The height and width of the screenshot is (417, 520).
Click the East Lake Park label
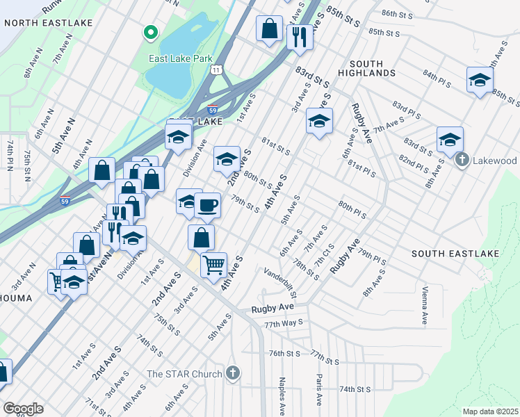pos(180,59)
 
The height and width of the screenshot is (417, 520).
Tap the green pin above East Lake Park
pos(149,33)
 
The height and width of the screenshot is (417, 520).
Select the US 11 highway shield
pos(218,70)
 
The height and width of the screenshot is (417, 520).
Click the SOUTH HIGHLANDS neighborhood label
pos(368,72)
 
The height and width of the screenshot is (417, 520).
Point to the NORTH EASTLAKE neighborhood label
pos(48,23)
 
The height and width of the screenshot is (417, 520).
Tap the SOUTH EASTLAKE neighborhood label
pos(455,254)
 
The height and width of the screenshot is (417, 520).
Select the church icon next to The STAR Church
pos(233,374)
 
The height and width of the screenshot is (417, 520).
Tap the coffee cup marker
pos(206,205)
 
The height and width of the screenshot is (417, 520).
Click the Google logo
pos(22,409)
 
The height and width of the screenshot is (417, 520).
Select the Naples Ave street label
pos(282,391)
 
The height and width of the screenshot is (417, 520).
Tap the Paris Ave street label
pos(318,390)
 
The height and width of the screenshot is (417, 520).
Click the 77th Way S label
pos(284,323)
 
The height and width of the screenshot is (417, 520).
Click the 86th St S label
pos(398,14)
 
